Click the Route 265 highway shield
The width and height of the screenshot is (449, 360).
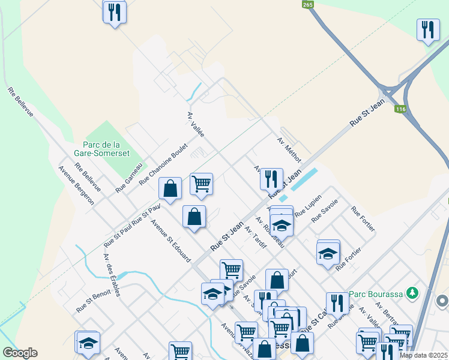coord(308,4)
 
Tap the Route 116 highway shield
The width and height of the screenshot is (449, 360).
coord(401,109)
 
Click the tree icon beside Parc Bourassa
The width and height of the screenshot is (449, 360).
coord(412,293)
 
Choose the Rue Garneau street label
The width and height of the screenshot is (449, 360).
coord(130,178)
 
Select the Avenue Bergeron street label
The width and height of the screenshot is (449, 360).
coord(76,185)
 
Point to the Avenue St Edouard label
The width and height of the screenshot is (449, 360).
coord(171,241)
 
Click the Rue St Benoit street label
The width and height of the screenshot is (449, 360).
coord(91,302)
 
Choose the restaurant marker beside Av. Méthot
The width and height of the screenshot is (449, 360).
coord(271,178)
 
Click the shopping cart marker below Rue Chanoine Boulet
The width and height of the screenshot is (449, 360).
coord(201,183)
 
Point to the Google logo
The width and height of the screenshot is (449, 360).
coord(20,353)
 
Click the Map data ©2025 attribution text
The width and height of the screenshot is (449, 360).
coord(423,355)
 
